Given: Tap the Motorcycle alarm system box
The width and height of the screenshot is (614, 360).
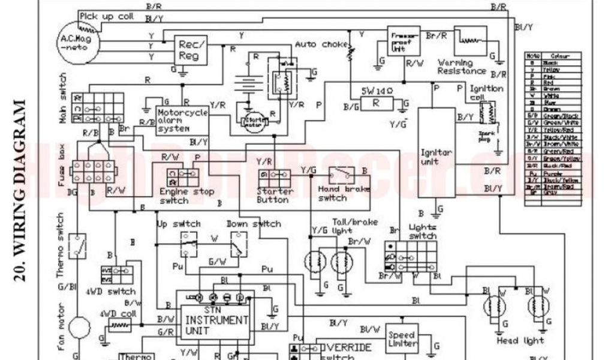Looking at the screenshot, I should coord(182,120).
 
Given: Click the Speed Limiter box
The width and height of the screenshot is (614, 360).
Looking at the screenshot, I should coord(402,339).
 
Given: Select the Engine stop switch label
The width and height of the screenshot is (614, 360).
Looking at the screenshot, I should coord(182,196).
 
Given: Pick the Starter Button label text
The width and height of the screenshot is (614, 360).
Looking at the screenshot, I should coord(275,196).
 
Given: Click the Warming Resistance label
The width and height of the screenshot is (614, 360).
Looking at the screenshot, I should coord(463,67).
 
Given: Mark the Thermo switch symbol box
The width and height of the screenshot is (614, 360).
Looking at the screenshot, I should coord(77,245).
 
